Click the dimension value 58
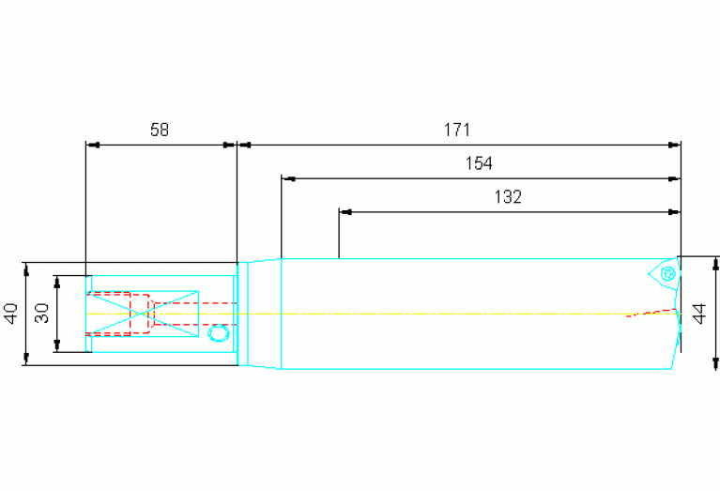(160, 130)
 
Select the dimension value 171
(457, 130)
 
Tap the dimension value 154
(479, 163)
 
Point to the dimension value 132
(508, 197)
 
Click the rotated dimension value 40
(11, 314)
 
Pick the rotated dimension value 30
(42, 314)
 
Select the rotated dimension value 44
(699, 314)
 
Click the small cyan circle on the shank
(219, 332)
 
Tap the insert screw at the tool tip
(667, 274)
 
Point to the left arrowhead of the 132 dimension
(345, 212)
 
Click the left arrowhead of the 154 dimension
(288, 178)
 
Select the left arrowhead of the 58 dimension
(93, 146)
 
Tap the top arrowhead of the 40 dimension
(26, 269)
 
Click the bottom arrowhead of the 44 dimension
(715, 363)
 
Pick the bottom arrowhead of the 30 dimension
(57, 345)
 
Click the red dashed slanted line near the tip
(652, 313)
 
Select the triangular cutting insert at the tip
(664, 275)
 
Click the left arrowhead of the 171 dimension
(244, 146)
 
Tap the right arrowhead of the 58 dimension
(230, 146)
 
